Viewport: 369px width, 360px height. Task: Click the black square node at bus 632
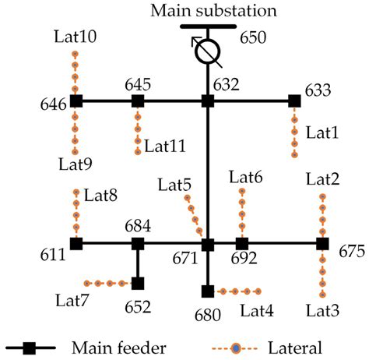[208, 101]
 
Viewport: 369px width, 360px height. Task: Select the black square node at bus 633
[294, 101]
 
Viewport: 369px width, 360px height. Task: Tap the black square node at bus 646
[76, 101]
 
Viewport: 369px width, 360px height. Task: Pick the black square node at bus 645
[138, 101]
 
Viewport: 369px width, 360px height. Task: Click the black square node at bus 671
[208, 244]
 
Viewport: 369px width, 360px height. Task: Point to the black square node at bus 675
[322, 244]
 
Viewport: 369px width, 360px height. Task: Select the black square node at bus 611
[76, 244]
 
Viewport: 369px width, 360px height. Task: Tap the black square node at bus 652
[138, 284]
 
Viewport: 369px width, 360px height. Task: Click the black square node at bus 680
[208, 291]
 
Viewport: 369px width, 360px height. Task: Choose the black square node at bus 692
[242, 244]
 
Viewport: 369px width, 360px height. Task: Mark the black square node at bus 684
[138, 244]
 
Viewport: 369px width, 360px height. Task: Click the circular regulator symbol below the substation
[208, 51]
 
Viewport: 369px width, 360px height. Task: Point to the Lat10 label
[76, 37]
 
